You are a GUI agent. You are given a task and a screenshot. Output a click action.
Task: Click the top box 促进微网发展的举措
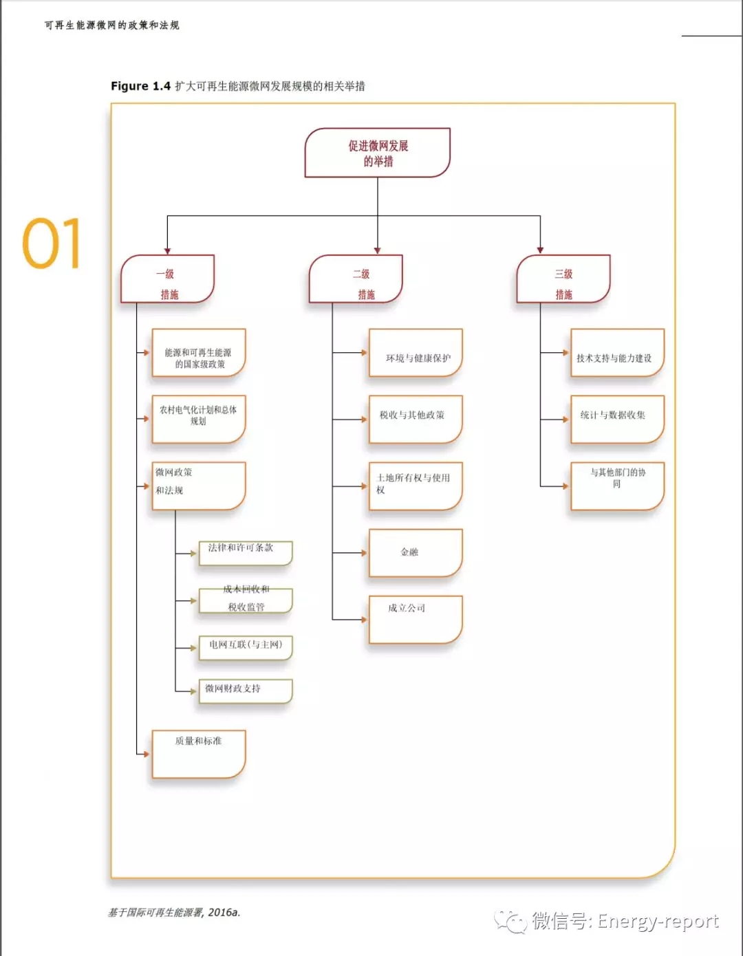378,153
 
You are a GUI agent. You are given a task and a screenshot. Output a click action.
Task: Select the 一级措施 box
168,279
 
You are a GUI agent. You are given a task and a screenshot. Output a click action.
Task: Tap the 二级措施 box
356,279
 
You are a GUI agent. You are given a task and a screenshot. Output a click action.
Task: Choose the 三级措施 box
563,279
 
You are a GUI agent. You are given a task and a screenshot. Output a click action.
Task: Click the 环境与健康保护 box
416,353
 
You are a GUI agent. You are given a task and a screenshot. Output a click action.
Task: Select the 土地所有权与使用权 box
416,486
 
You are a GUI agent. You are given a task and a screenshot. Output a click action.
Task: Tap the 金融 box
416,552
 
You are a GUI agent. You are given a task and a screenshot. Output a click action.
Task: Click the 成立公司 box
416,619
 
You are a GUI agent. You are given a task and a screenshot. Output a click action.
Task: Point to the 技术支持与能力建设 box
617,353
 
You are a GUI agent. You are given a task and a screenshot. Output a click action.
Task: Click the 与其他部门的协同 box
617,486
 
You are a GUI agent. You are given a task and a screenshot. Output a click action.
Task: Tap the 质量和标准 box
199,754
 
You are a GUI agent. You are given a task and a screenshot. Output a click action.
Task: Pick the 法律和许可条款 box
246,553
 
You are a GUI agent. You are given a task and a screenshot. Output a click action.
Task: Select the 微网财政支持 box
246,691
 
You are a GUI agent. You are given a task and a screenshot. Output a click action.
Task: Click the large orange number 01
52,243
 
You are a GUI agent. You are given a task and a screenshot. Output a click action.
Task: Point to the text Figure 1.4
140,86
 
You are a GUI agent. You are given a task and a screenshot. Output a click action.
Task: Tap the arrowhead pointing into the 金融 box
364,553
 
